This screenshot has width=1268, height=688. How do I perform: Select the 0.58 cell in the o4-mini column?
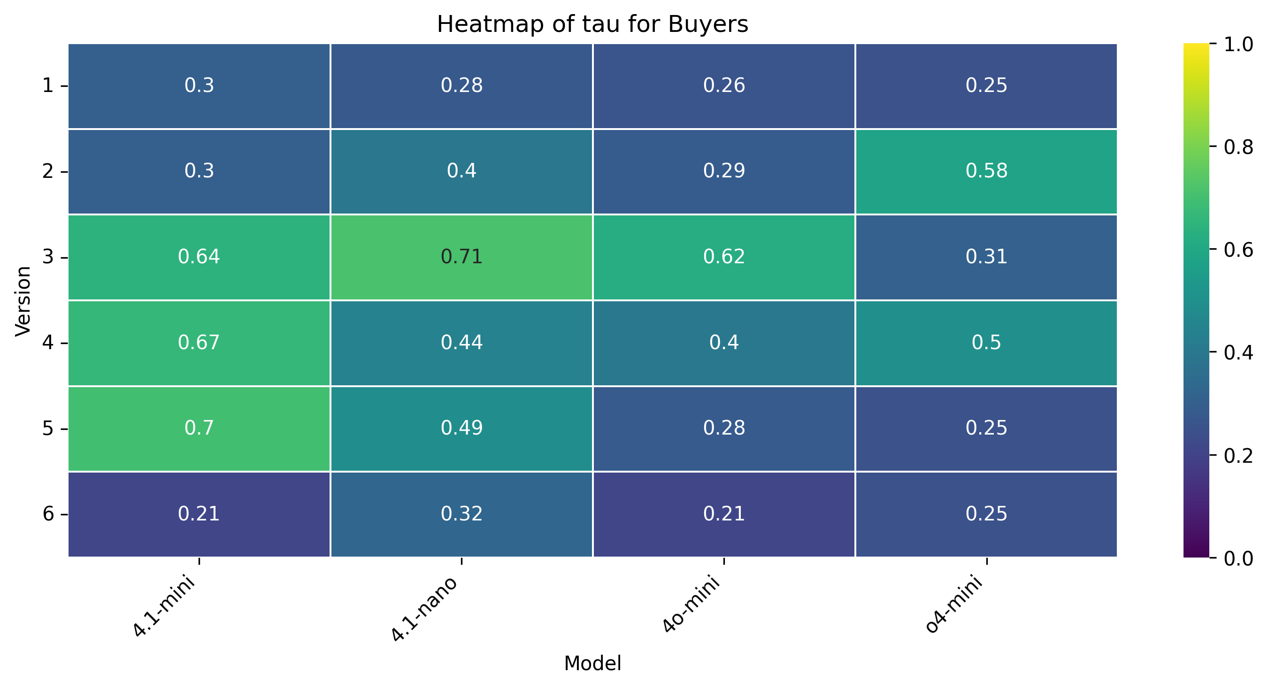986,171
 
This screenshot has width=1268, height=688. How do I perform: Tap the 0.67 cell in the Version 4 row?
199,343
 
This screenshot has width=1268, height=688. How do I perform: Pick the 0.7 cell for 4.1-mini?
199,428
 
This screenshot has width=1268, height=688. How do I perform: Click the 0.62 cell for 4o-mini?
723,257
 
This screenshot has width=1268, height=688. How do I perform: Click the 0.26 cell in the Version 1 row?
723,85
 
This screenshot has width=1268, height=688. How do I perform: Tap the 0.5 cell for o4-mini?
986,343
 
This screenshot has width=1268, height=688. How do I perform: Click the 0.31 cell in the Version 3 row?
986,257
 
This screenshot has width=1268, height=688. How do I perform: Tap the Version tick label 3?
48,257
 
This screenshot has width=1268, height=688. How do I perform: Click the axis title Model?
592,664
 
